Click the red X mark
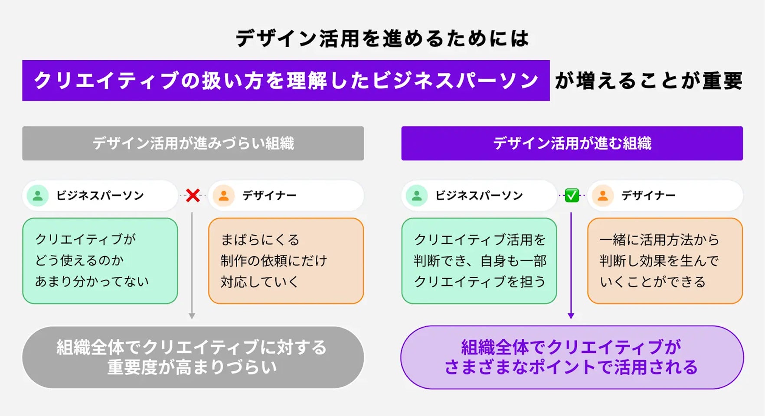193,195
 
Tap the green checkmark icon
572,195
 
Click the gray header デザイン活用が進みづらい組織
193,143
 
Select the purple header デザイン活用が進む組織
572,143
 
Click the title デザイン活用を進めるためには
382,39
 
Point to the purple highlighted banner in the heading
286,81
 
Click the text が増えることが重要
648,81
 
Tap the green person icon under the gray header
38,195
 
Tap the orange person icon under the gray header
224,195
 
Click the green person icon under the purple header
417,195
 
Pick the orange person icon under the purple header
603,195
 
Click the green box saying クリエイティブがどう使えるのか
100,260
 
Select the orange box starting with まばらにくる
286,260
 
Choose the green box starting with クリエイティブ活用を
479,260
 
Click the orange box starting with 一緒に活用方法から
665,260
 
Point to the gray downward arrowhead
192,316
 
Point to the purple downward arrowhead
571,316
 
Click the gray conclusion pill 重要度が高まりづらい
193,357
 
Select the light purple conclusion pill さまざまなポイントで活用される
572,357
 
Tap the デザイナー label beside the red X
269,195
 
